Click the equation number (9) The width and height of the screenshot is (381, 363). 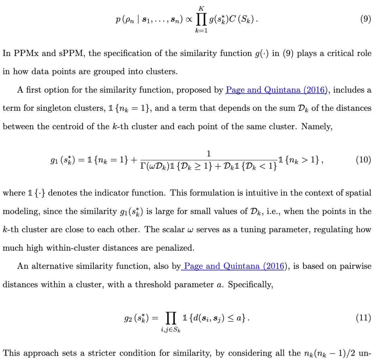365,19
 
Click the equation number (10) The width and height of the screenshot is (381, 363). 364,160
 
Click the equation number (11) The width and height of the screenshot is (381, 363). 364,318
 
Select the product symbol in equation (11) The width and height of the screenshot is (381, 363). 172,319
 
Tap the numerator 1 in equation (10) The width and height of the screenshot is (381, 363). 208,153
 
